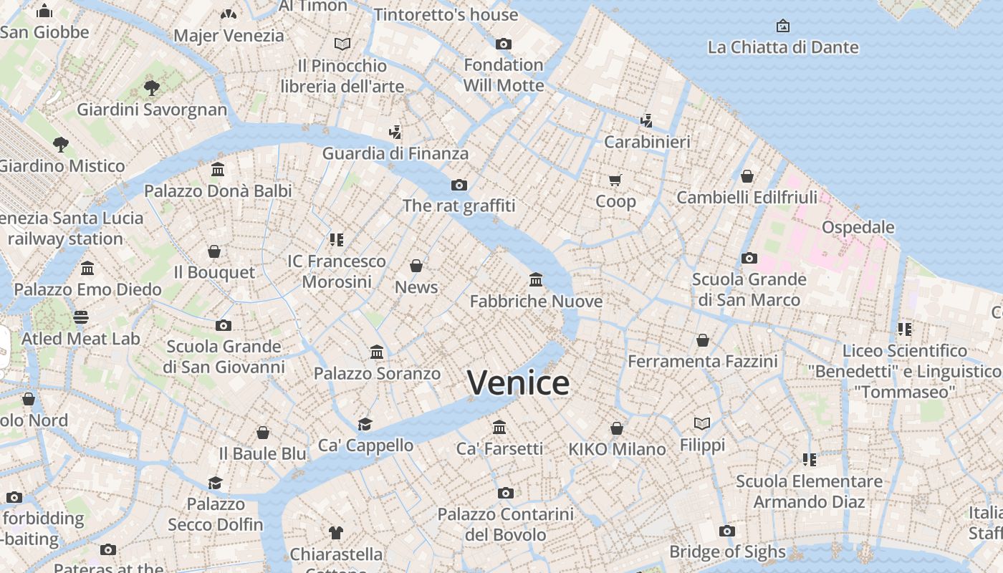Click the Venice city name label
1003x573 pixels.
coord(518,382)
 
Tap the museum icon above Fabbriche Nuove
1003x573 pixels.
coord(536,279)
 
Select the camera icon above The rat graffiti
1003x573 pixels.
coord(459,185)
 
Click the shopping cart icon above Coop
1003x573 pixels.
coord(615,179)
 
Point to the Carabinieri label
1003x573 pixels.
coord(647,142)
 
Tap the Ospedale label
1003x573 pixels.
coord(858,227)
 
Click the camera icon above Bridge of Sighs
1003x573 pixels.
coord(727,531)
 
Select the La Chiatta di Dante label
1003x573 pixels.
coord(782,47)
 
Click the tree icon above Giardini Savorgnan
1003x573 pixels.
coord(151,88)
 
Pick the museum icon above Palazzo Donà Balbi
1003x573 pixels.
coord(218,170)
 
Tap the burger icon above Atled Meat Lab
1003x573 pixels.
coord(81,317)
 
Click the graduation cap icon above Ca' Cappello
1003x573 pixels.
coord(365,424)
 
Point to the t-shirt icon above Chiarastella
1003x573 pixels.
coord(336,532)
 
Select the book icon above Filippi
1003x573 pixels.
coord(702,424)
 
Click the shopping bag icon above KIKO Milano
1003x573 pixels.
coord(617,428)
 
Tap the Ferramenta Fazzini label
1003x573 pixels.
coord(702,362)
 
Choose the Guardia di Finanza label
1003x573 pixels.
coord(395,153)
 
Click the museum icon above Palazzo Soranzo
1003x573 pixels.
coord(377,352)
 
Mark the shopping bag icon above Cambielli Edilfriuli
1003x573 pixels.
coord(747,175)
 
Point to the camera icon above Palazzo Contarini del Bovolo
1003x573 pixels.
coord(506,493)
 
